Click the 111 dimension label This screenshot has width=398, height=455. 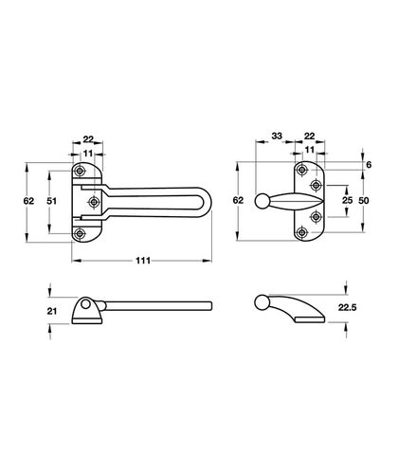pos(143,261)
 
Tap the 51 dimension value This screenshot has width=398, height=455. pos(52,201)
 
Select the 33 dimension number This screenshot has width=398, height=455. pos(277,136)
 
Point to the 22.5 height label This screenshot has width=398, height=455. pos(348,307)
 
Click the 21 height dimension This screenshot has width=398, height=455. pos(52,311)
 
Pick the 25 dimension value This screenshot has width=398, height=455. pos(347,200)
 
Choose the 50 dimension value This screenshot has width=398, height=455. pos(364,201)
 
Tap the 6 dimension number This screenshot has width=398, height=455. pos(369,165)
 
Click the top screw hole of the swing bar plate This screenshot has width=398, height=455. pos(80,171)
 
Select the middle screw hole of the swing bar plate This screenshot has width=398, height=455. pos(94,202)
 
